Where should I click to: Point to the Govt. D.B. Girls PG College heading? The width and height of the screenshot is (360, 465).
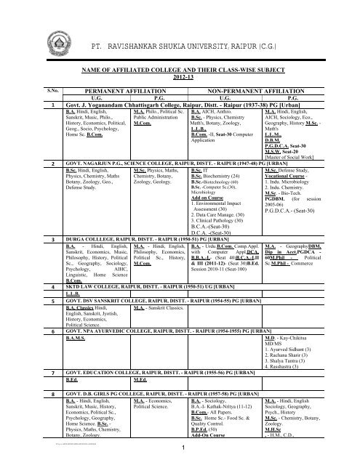tap(163, 453)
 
